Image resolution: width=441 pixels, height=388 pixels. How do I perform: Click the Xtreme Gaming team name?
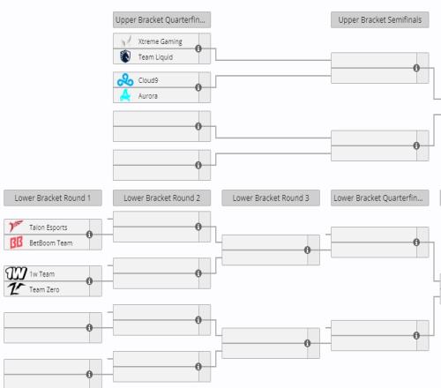[161, 41]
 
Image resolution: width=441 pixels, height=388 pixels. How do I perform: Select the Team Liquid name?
[155, 57]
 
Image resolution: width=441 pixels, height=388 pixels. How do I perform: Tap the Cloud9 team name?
[148, 80]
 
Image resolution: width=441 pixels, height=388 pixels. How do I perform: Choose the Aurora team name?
[148, 96]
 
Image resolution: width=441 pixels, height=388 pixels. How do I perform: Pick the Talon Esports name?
[49, 228]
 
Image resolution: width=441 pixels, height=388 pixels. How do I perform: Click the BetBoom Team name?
[51, 242]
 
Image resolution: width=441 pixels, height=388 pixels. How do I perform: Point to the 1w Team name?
[41, 274]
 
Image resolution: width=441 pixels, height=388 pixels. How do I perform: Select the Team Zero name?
[44, 289]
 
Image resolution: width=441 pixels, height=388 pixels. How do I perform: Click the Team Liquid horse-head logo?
[125, 56]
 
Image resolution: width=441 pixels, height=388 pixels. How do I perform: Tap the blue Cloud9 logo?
[125, 80]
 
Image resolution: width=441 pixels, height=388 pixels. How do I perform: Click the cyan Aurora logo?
[125, 95]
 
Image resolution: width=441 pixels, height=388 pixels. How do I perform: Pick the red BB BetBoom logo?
[16, 242]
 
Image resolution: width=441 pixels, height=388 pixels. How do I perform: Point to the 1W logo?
[16, 273]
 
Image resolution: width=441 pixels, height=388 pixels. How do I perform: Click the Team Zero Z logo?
[15, 289]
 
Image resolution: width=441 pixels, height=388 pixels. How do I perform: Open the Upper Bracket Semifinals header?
[380, 20]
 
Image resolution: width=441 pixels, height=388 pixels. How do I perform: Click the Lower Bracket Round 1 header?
[53, 198]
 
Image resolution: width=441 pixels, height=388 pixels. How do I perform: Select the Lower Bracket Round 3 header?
[271, 198]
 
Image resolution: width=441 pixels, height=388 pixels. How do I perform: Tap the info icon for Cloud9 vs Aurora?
[198, 87]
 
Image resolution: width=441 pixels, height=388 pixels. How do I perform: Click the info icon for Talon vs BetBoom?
[89, 235]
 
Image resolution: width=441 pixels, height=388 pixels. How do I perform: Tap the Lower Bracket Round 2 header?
[161, 198]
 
